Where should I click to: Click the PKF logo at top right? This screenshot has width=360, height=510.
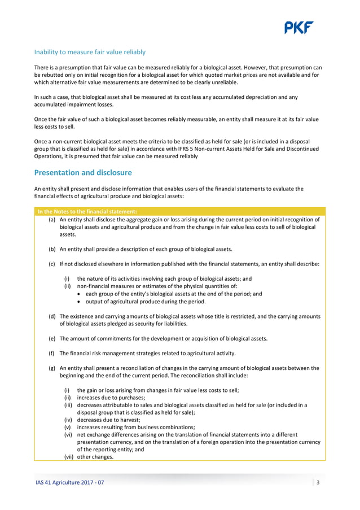298,28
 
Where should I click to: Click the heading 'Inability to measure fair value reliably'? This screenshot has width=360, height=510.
90,52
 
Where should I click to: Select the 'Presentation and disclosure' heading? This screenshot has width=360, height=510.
83,172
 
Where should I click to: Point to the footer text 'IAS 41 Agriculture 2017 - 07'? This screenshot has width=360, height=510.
69,483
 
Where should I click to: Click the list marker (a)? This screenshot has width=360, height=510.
52,220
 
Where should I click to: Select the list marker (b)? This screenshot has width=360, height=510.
52,249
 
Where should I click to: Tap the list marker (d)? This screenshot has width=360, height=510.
52,316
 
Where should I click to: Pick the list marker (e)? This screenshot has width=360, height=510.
52,338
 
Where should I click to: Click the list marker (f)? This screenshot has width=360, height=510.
52,353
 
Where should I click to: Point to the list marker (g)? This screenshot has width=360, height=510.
52,368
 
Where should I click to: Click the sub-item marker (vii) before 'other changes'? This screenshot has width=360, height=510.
68,457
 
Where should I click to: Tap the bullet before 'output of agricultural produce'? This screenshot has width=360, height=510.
79,302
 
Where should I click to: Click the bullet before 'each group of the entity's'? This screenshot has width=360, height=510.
79,294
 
